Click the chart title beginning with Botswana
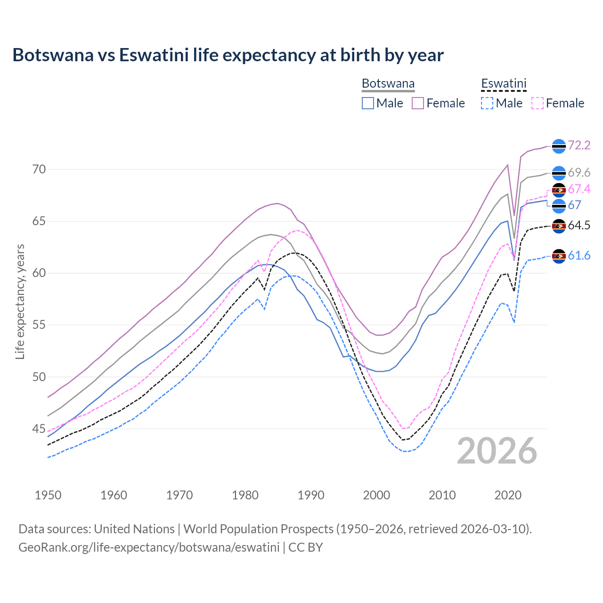(x=228, y=55)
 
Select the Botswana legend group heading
(x=388, y=84)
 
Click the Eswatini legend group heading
(x=503, y=84)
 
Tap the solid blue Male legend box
(x=368, y=103)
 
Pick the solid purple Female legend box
(x=418, y=103)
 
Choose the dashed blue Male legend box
(x=487, y=103)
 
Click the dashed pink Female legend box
(x=537, y=103)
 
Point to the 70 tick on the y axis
(x=39, y=170)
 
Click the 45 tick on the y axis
(x=39, y=429)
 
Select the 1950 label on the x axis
(x=48, y=495)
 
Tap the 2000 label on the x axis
(x=376, y=495)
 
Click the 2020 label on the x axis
(x=508, y=495)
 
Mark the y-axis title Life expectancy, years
(x=20, y=301)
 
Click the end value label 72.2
(x=579, y=146)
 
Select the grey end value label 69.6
(x=579, y=173)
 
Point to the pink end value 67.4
(x=579, y=189)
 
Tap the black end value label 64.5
(x=579, y=226)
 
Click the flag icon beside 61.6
(x=559, y=256)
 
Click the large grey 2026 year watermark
(x=497, y=451)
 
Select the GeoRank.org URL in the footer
(x=149, y=547)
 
